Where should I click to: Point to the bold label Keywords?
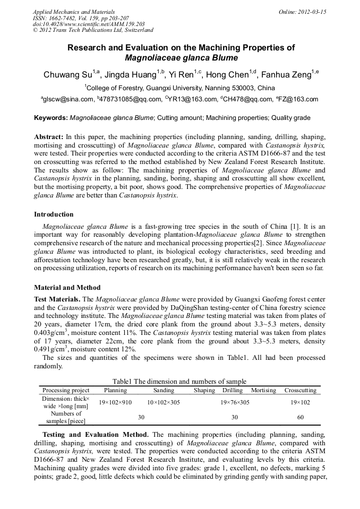click(x=51, y=118)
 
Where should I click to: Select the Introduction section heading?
click(x=54, y=214)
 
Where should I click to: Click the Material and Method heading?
click(x=67, y=288)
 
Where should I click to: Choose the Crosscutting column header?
click(x=300, y=390)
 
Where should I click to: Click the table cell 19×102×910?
click(x=115, y=402)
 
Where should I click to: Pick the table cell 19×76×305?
click(x=235, y=402)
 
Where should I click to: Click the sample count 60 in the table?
click(x=301, y=417)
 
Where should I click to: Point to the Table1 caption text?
click(x=179, y=381)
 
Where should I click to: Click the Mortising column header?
click(x=263, y=390)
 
